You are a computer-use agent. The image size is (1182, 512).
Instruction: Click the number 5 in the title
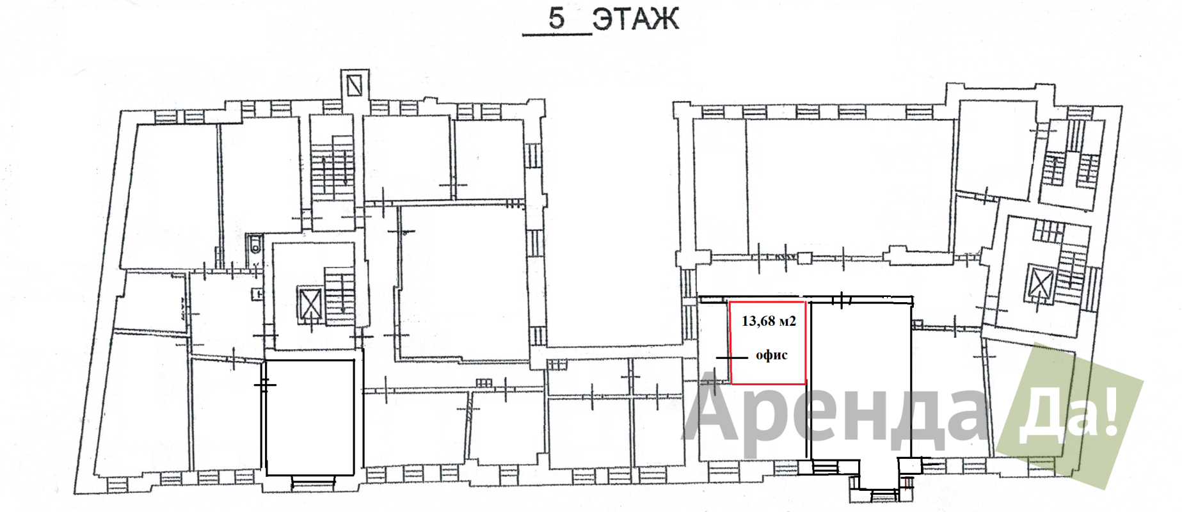557,18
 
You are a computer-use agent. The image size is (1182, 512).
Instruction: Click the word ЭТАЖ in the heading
635,19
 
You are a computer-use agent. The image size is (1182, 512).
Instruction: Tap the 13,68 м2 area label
769,321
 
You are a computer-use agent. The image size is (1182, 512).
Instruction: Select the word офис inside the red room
771,355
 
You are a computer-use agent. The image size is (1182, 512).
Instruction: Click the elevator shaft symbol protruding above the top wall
355,83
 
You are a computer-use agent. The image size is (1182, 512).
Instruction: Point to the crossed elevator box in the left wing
310,303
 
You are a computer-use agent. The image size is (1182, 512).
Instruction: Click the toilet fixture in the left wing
255,244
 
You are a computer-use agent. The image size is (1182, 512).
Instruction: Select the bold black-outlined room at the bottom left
310,418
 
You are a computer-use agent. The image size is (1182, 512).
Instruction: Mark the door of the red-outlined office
731,358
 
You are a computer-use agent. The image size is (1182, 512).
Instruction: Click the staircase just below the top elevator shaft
333,168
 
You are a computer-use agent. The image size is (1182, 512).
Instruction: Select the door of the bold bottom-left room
264,383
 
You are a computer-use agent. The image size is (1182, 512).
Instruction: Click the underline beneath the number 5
557,34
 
